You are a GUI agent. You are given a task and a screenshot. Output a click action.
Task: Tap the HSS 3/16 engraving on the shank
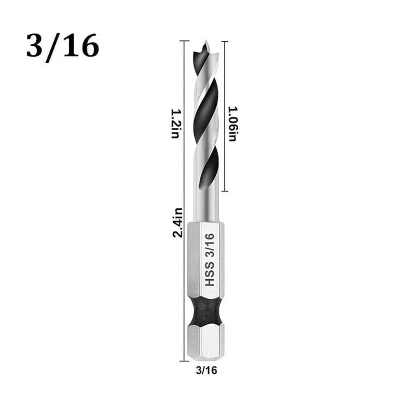[x=209, y=260]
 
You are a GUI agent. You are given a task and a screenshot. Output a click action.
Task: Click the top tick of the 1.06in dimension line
[x=224, y=41]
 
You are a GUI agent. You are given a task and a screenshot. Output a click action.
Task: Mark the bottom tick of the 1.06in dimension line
[x=224, y=191]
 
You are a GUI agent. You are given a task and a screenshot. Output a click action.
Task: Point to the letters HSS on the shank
[x=210, y=277]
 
